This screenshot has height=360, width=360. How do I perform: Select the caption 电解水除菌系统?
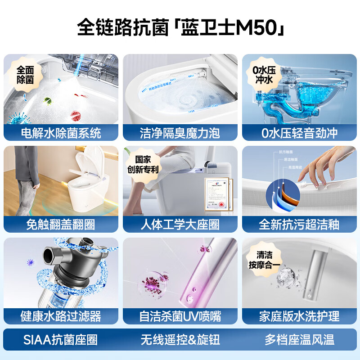coord(61,133)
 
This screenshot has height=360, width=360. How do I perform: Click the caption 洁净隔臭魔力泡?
coord(180,133)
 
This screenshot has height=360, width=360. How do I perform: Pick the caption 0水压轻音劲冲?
coord(299,133)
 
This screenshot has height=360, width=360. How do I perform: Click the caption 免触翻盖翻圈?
coord(61,225)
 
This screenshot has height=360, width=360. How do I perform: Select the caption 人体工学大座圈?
coord(180,225)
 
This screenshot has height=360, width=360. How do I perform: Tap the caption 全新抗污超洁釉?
coord(299,225)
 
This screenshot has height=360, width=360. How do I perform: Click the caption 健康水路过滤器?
coord(61,316)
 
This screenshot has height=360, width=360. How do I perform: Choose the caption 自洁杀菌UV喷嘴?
coord(180,316)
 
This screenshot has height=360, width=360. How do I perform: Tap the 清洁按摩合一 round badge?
coord(263,260)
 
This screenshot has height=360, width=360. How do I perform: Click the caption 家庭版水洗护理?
coord(299,316)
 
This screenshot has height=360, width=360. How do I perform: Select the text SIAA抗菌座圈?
coord(60,340)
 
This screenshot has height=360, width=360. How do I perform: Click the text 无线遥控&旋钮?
coord(180,340)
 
